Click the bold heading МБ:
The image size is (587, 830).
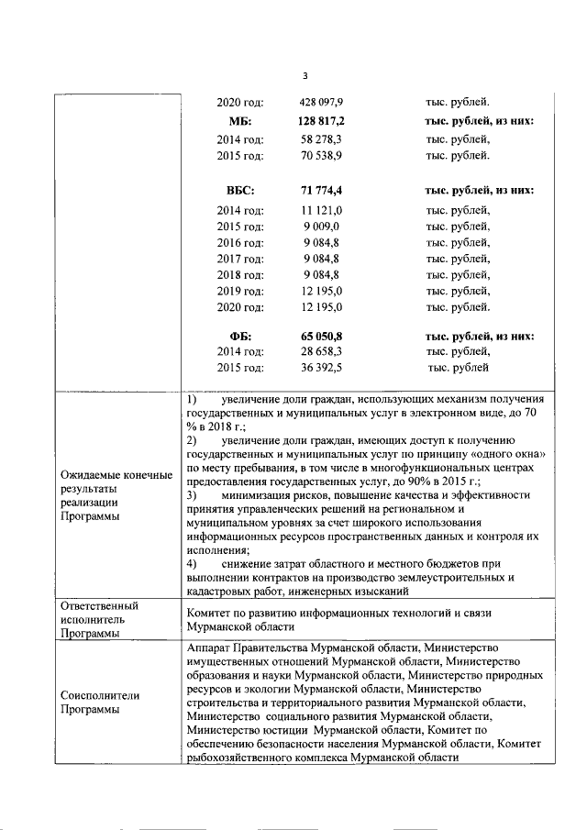(x=240, y=122)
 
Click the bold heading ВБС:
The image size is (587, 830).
(x=240, y=192)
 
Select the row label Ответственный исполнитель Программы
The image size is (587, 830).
(x=98, y=619)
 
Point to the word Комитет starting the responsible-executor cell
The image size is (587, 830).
(x=209, y=611)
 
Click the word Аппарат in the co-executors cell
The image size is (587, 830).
(x=210, y=647)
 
